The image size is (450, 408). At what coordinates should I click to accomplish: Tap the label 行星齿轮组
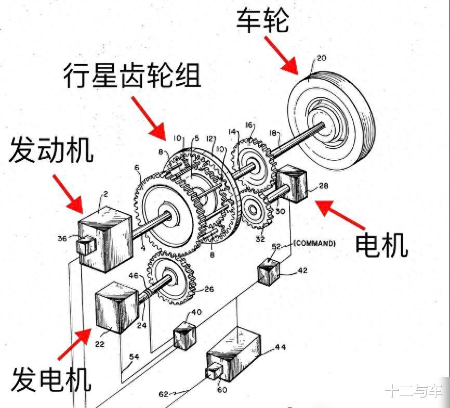132,75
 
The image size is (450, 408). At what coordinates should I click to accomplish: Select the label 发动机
51,150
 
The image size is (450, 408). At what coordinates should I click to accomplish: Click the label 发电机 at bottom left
51,379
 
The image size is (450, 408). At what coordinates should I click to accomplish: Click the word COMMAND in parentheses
314,244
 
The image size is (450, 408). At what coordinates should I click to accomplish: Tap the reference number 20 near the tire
322,58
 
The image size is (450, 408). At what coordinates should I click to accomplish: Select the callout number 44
281,347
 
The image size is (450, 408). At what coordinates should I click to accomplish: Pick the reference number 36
62,238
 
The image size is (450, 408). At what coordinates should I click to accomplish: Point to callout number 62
163,394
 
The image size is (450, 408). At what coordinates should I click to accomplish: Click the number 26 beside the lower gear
209,289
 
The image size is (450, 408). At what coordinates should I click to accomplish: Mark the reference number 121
211,139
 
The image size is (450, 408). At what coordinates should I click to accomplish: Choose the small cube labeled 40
186,335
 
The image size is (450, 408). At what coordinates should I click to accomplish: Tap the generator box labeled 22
116,308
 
